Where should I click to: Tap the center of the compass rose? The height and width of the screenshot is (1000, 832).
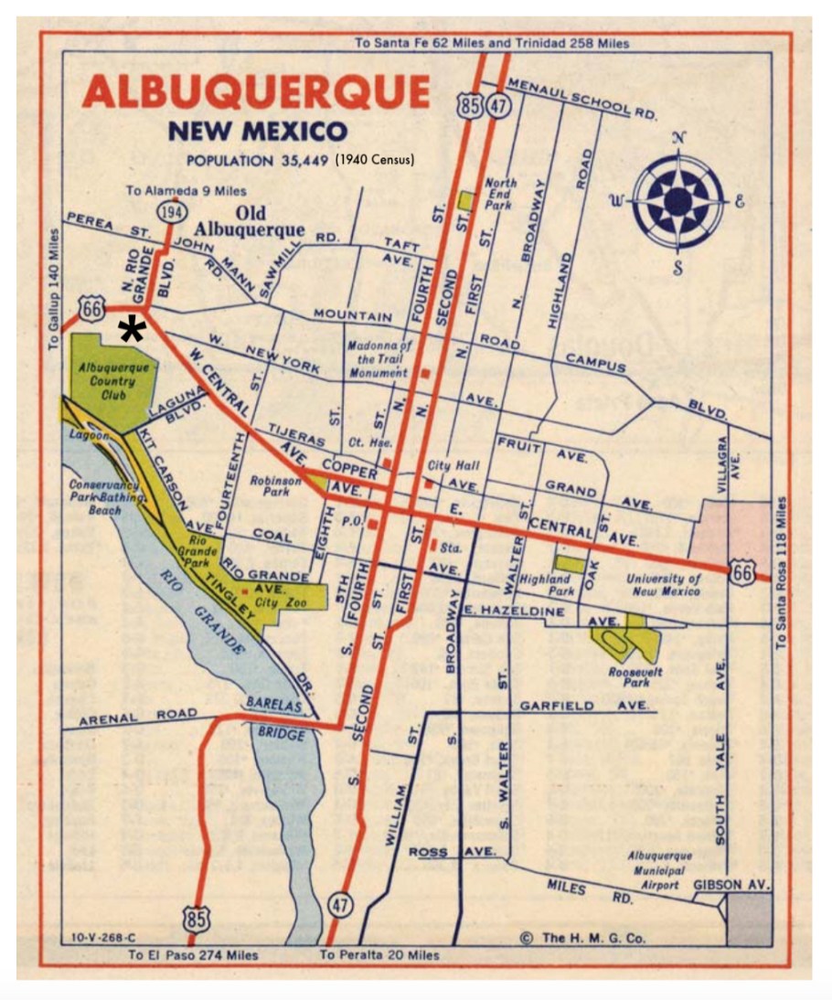(x=677, y=200)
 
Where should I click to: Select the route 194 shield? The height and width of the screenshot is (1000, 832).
(x=169, y=212)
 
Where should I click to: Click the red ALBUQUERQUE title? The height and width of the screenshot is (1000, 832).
(x=255, y=92)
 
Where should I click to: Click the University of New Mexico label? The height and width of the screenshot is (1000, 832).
(x=663, y=585)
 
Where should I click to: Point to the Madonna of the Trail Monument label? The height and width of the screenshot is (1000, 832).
(x=379, y=359)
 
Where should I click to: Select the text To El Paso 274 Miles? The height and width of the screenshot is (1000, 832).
(x=192, y=955)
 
